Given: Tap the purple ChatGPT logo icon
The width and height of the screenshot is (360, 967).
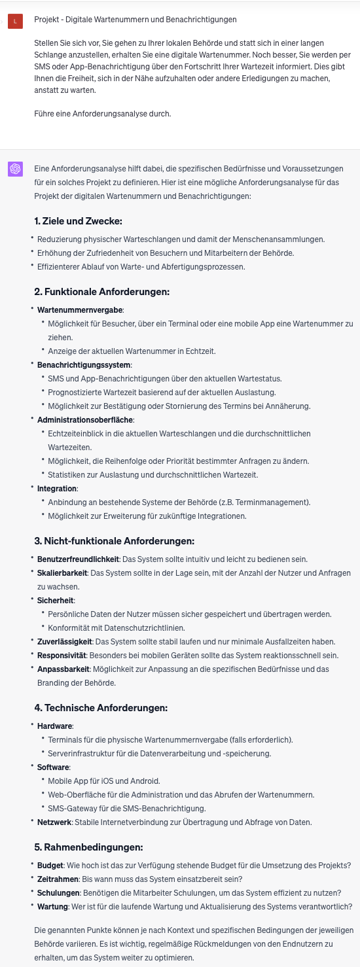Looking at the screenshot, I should [x=15, y=169].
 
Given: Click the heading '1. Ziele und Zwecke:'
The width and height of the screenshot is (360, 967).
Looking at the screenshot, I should [x=78, y=220].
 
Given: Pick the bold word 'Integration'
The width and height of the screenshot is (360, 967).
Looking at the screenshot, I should [x=57, y=488].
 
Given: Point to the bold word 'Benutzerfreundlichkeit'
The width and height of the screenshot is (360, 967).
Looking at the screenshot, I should [x=78, y=559].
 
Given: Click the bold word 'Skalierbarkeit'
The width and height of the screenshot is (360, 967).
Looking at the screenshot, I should [x=62, y=572].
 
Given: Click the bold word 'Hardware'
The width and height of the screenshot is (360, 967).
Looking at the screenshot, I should [x=55, y=726].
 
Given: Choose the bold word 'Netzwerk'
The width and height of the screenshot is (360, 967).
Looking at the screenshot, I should [x=54, y=822].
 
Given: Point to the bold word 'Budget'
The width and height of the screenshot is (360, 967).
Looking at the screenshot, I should [x=50, y=865].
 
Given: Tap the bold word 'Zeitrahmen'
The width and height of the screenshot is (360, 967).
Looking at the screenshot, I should [x=58, y=879].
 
